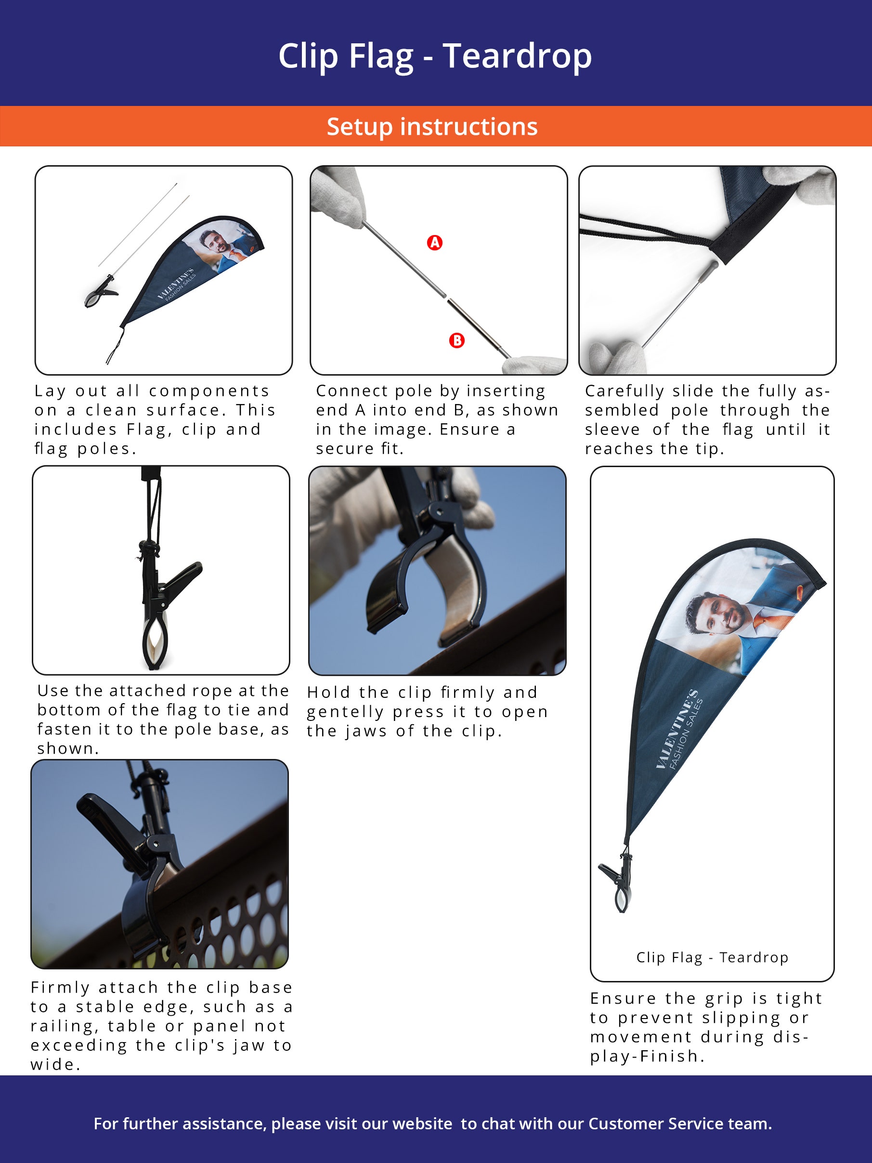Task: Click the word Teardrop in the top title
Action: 517,56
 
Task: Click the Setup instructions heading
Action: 432,127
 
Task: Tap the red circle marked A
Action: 435,242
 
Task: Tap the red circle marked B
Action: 457,340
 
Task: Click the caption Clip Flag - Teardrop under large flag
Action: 712,957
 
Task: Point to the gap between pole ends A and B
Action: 446,298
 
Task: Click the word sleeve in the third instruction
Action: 612,430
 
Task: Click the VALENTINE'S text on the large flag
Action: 676,730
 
